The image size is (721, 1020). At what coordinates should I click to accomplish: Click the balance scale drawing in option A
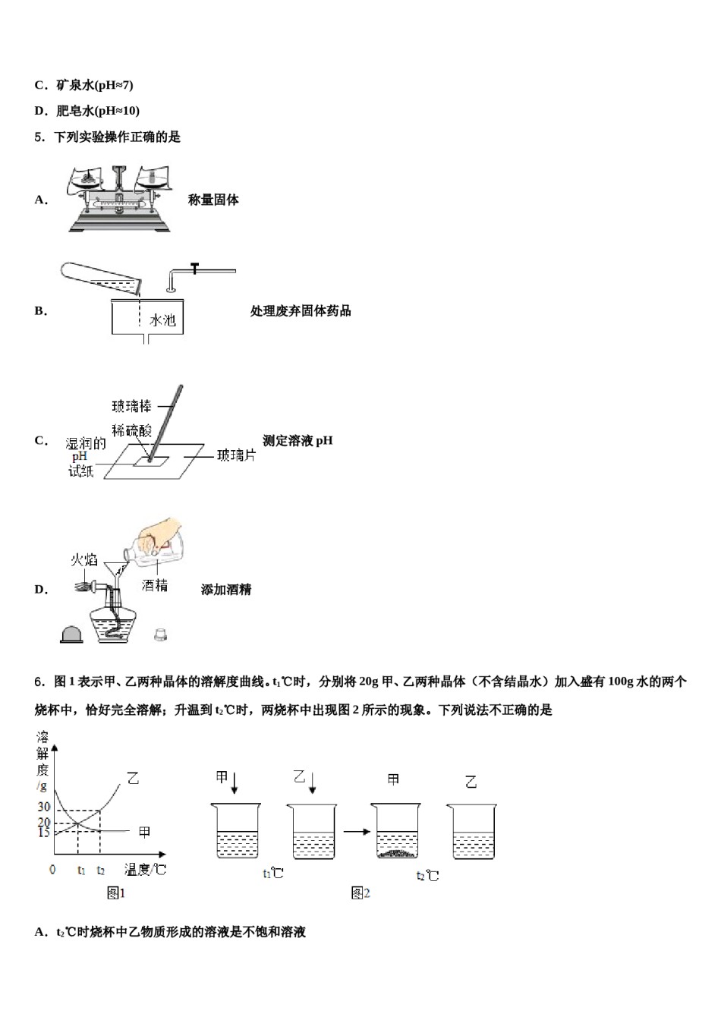click(119, 199)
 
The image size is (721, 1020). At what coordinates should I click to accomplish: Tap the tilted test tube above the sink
click(101, 279)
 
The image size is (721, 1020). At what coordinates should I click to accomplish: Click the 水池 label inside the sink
click(163, 320)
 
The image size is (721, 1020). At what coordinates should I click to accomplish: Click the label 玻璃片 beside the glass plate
click(236, 455)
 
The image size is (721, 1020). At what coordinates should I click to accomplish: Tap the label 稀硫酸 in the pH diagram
click(131, 430)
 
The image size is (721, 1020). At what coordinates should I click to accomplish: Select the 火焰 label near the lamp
click(84, 560)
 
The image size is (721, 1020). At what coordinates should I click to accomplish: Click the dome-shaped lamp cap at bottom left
click(71, 634)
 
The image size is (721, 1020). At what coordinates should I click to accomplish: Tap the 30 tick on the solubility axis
click(44, 807)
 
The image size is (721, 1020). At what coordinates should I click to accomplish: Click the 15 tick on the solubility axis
click(44, 833)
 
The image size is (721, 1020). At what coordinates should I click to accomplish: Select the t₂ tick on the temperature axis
click(101, 870)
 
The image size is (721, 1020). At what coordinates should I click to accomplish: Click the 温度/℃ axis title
click(145, 870)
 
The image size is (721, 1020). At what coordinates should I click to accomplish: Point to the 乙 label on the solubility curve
click(133, 779)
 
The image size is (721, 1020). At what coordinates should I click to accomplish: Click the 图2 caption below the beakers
click(360, 893)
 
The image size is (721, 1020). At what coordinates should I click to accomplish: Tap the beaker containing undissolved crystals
click(395, 833)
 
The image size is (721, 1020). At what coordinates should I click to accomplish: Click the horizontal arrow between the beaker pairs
click(356, 831)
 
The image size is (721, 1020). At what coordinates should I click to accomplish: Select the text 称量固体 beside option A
click(213, 200)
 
